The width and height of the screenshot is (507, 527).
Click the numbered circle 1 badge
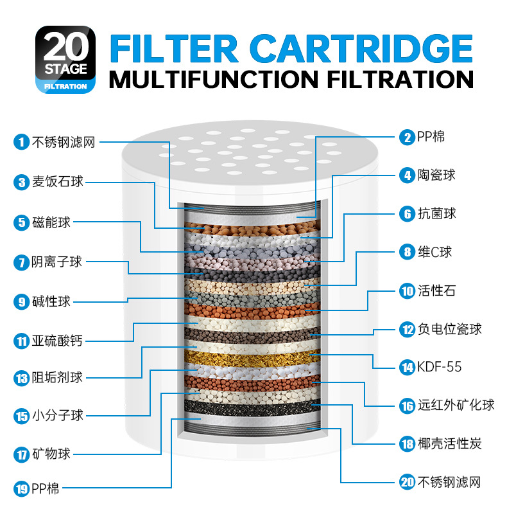click(22, 142)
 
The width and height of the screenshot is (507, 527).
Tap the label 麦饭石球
click(58, 182)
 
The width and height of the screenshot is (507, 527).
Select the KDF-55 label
click(439, 367)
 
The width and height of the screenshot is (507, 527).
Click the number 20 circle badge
click(407, 482)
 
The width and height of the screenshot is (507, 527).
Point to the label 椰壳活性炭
click(449, 443)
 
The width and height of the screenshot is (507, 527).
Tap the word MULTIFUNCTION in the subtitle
click(213, 79)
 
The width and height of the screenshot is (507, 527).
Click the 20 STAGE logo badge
click(65, 59)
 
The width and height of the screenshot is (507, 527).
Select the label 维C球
click(435, 252)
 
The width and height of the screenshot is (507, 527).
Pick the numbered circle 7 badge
click(22, 262)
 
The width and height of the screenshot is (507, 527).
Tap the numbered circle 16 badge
click(407, 406)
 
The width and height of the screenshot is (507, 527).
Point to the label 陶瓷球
click(436, 174)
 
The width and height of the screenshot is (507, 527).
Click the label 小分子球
click(58, 415)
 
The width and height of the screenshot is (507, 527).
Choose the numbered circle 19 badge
click(22, 489)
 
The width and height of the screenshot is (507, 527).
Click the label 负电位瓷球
click(449, 329)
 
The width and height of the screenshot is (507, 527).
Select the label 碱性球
click(51, 301)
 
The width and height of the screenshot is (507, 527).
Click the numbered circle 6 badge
click(407, 213)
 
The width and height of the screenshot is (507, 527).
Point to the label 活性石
click(436, 290)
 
